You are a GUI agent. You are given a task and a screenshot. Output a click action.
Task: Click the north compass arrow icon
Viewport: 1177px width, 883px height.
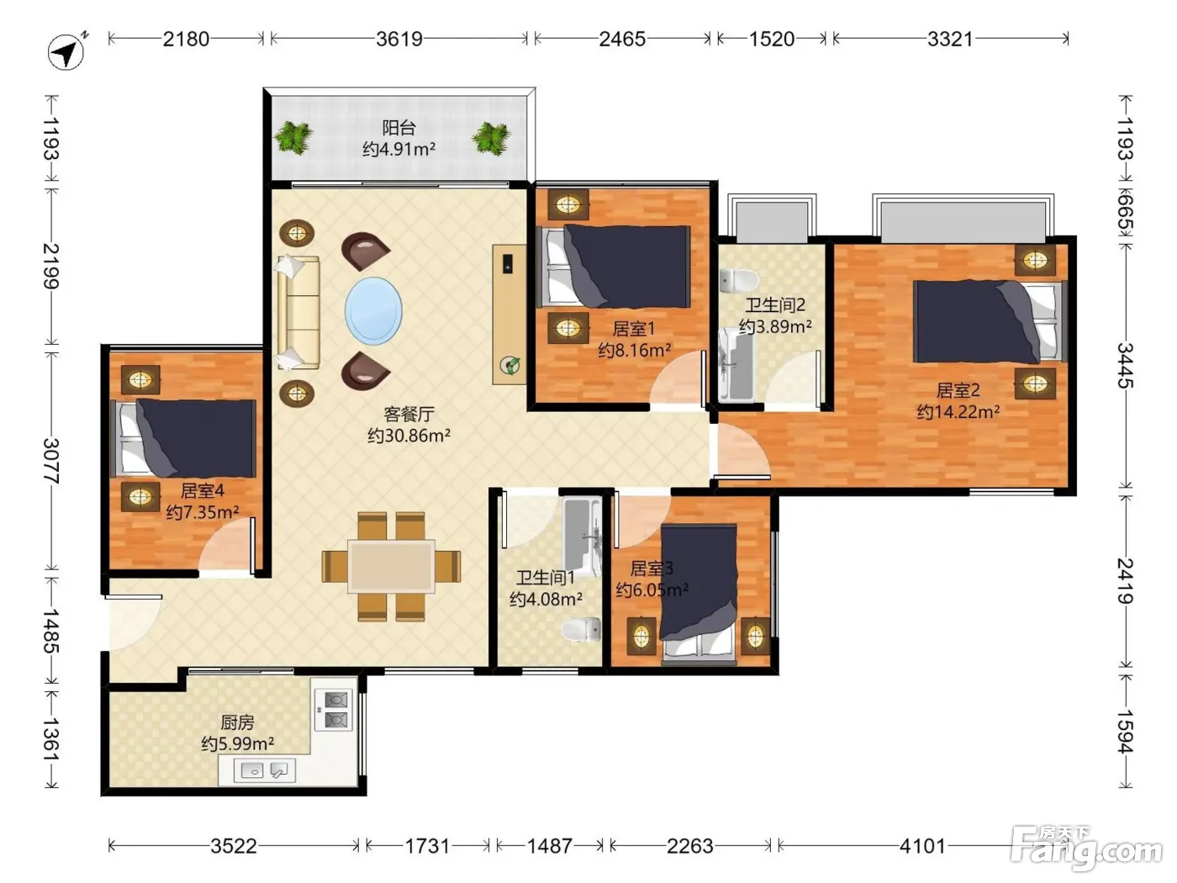66,52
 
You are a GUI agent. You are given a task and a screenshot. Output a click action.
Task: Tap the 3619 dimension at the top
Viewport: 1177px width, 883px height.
399,39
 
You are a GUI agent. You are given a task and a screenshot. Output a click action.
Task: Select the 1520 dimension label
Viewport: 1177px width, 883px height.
771,39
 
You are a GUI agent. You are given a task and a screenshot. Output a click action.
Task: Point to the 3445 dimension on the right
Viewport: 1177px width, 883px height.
1125,366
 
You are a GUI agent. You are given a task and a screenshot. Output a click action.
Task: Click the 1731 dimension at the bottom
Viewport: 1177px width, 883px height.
427,846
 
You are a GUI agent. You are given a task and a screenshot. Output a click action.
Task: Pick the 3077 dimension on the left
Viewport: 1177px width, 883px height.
51,461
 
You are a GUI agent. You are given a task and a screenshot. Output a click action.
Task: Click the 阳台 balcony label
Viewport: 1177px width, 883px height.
399,128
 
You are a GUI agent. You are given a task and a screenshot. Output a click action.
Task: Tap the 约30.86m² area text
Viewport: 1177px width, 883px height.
409,436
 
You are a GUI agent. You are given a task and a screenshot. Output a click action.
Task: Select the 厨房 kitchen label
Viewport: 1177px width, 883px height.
237,722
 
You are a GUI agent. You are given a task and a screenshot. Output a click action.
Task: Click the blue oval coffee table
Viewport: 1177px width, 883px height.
373,311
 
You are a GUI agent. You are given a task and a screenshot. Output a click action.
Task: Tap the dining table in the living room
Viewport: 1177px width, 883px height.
392,567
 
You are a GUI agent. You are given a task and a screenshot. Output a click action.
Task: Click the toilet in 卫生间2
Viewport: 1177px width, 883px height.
739,280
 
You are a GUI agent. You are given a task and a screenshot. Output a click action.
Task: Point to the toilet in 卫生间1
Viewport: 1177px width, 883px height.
581,629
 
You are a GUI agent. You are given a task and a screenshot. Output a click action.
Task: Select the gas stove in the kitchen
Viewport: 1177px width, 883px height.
334,709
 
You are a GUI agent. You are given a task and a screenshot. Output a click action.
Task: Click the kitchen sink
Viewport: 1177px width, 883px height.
265,770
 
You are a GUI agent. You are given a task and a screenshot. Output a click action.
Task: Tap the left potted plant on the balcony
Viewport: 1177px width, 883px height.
293,138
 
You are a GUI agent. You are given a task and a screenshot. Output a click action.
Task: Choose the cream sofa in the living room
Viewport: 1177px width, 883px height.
298,313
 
